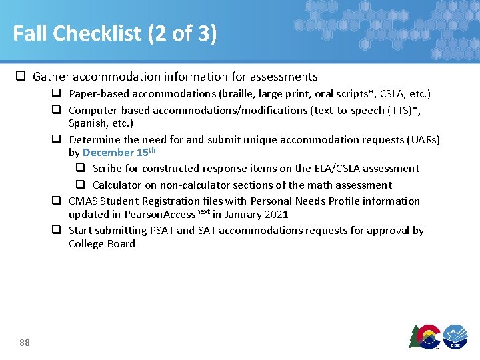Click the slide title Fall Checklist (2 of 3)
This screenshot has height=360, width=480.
click(115, 33)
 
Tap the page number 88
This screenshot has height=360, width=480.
click(25, 343)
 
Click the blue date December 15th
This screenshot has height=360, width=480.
click(119, 152)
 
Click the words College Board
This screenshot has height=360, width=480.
click(102, 244)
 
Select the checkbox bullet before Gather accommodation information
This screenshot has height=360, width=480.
click(21, 77)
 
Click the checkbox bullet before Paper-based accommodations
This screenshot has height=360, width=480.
click(57, 94)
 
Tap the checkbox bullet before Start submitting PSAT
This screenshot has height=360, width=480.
click(57, 231)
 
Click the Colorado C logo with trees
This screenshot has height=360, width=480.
click(425, 336)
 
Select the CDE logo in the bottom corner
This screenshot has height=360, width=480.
click(455, 336)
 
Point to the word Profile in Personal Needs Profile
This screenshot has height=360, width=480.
click(337, 201)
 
